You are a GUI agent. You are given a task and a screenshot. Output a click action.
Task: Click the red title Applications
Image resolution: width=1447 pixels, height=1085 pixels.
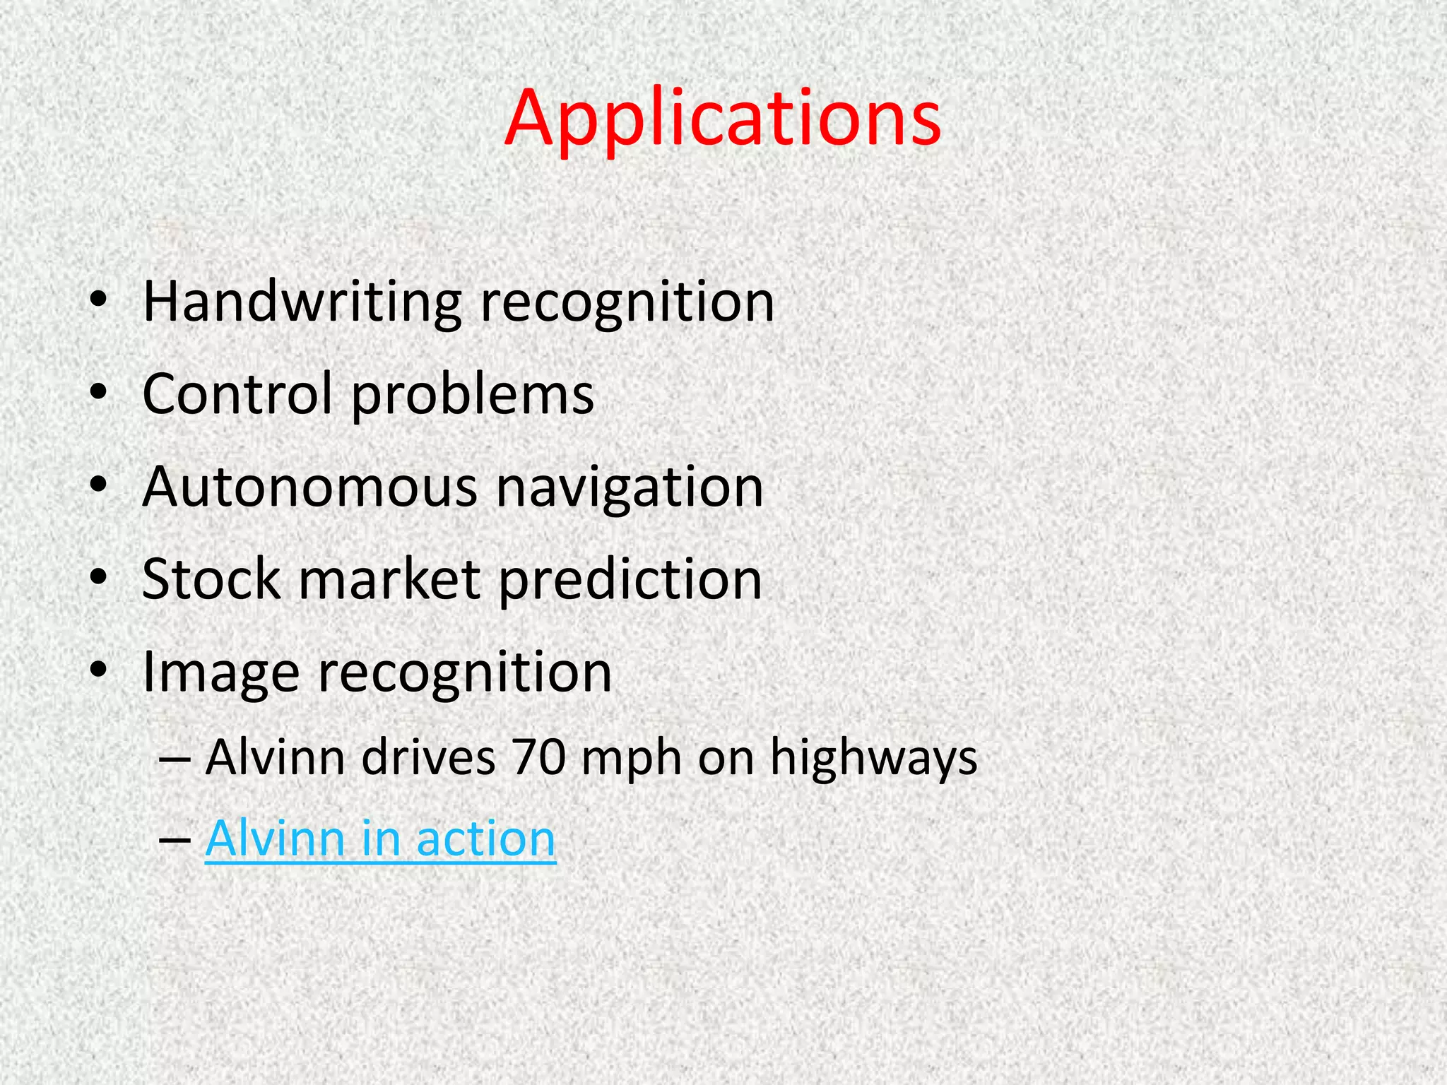pos(722,119)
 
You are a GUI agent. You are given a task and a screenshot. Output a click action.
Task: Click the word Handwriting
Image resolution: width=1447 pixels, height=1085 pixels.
pos(302,302)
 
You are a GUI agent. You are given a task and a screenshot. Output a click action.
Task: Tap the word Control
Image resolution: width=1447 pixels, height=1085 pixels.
pos(237,394)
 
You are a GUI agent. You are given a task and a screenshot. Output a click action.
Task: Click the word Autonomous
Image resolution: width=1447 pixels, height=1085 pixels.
pos(310,487)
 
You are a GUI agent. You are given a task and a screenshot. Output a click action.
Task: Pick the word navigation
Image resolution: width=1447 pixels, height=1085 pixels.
pos(630,489)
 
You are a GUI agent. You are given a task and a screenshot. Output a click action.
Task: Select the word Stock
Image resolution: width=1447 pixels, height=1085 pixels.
pos(211,579)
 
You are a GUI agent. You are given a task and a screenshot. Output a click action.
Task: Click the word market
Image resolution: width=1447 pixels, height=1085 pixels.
pos(390,579)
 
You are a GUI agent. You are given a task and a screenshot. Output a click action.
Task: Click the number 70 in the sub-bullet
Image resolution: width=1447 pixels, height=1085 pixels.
pos(539,757)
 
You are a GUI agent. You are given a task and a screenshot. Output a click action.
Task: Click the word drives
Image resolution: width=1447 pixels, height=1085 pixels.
pos(428,757)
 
